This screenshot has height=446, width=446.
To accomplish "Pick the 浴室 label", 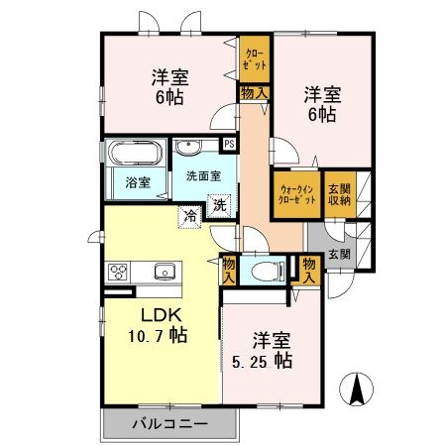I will [138, 183].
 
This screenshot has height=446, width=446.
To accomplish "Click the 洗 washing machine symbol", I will [219, 207].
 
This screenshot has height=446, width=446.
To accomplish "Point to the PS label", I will [230, 143].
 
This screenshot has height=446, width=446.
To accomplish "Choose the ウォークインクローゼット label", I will [297, 194].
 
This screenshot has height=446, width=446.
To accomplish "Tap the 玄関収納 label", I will [339, 193].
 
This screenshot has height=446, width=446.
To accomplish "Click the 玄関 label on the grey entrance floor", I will [338, 254].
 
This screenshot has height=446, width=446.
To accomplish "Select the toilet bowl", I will [263, 271].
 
